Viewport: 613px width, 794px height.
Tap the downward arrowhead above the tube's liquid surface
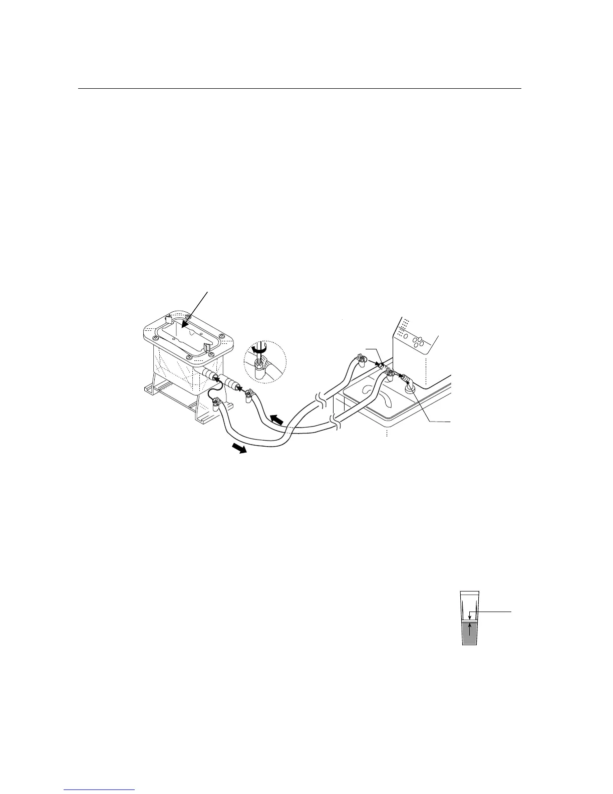coord(469,617)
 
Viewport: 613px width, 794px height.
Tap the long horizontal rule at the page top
coord(299,89)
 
